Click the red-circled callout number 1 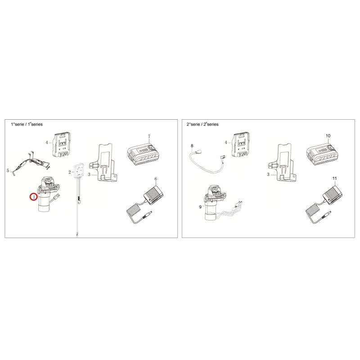[x=34, y=197]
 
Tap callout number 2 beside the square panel [x=70, y=172]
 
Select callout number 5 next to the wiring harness [x=8, y=171]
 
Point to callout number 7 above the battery [x=149, y=136]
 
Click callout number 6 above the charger [x=156, y=179]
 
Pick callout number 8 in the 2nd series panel [x=192, y=145]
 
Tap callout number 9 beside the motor [x=200, y=207]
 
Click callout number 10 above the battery [x=328, y=136]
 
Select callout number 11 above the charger [x=334, y=178]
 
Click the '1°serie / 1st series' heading [x=27, y=124]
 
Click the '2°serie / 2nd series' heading [x=202, y=124]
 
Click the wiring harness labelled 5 [x=30, y=162]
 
